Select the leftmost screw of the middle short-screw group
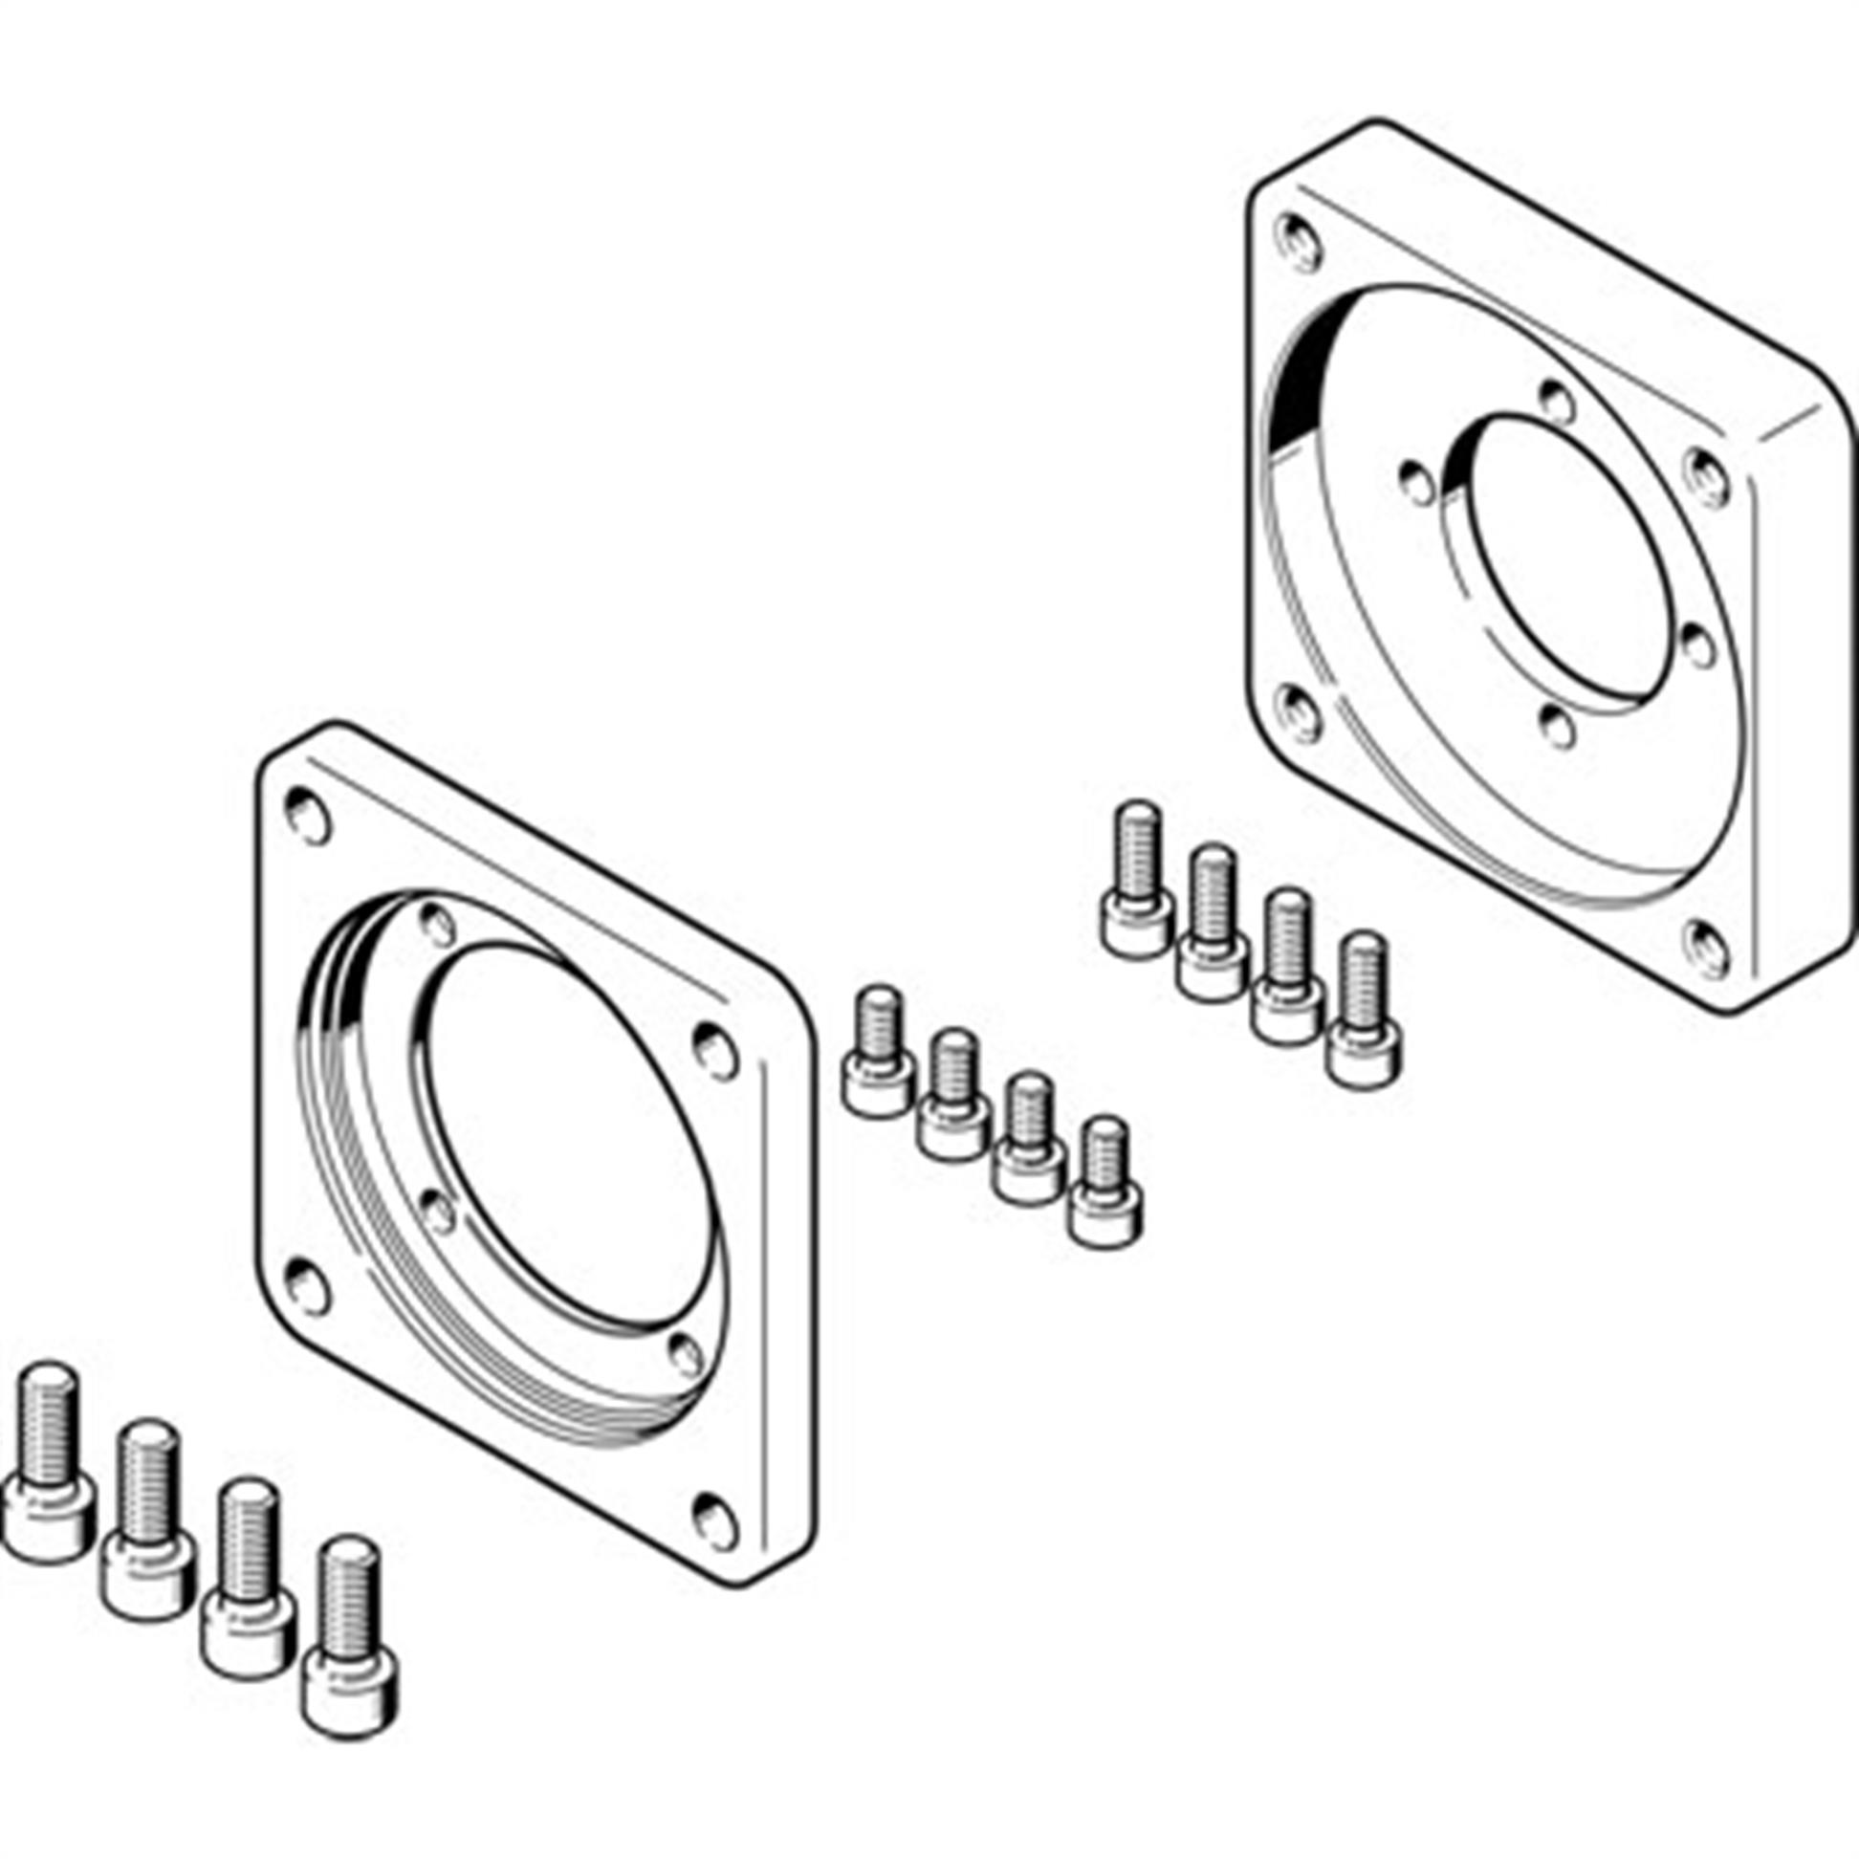pos(877,1054)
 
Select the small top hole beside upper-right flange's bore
pos(1556,397)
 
